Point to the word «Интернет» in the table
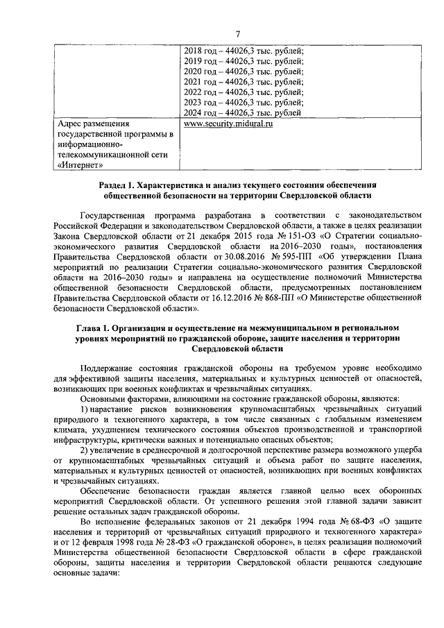(80, 165)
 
